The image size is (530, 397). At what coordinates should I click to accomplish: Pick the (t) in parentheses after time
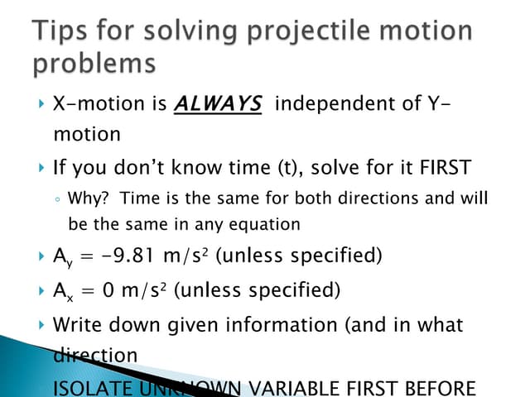(x=287, y=168)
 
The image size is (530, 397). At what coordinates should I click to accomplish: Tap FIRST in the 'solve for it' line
(x=444, y=168)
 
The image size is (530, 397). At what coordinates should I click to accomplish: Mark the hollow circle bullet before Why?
(x=56, y=199)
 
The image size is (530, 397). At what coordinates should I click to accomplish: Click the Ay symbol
(x=61, y=256)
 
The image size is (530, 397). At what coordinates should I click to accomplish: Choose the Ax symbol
(x=61, y=291)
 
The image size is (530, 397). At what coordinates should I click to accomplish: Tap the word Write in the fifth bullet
(x=76, y=325)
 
